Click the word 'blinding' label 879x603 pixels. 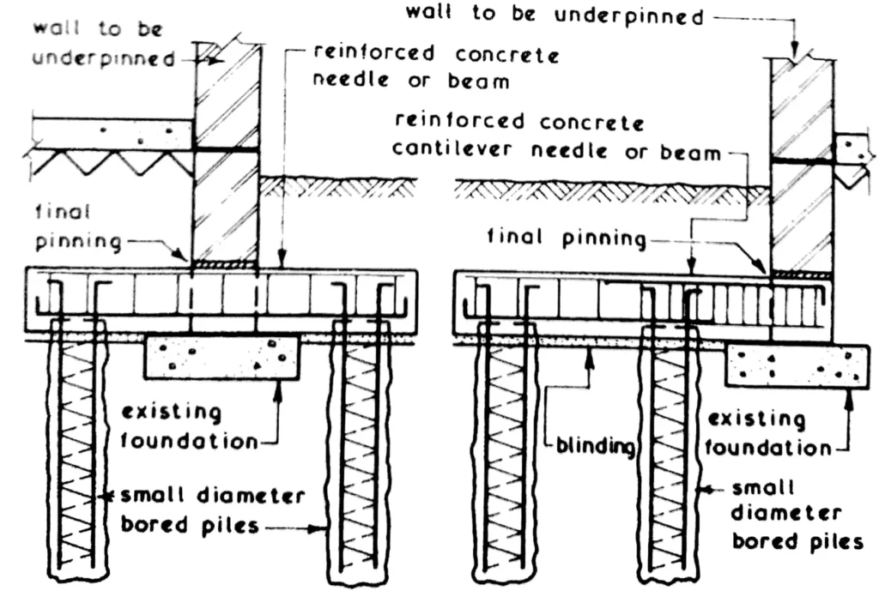click(x=591, y=447)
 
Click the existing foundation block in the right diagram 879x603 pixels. click(x=794, y=365)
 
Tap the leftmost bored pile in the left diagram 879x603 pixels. click(x=78, y=455)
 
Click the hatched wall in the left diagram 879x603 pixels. click(x=227, y=154)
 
